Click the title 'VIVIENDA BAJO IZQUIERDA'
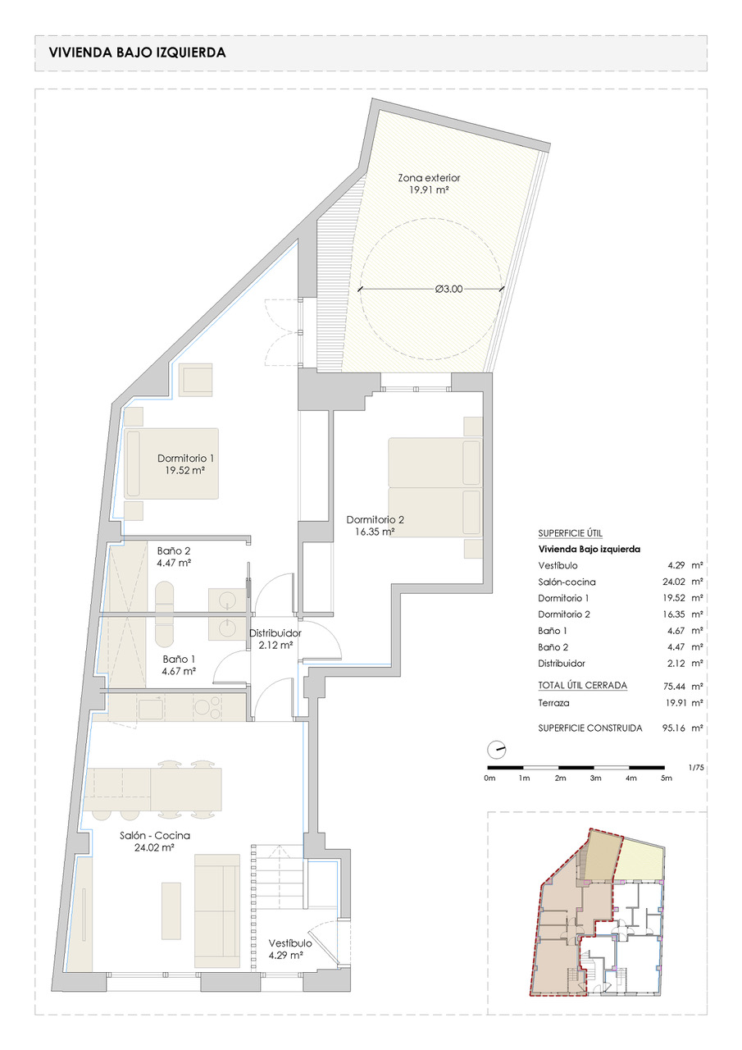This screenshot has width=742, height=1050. point(137,52)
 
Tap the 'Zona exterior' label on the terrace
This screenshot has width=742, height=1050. point(429,178)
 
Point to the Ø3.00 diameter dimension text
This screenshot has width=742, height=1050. point(448,290)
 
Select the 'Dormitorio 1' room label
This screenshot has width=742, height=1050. point(185,458)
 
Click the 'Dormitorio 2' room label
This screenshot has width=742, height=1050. point(375,519)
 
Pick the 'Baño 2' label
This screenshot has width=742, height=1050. point(173,550)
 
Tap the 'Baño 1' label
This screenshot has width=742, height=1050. point(179,659)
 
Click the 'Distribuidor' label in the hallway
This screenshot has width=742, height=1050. point(275,632)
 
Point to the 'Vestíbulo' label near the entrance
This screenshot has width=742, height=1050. point(290,943)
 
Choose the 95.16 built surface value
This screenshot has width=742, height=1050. point(674,728)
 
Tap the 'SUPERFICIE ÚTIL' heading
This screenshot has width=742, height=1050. point(570,533)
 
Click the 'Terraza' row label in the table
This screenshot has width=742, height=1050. point(553,703)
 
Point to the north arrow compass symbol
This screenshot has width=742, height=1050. point(497,750)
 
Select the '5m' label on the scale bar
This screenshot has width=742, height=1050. point(666,778)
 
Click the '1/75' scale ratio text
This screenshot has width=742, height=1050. point(696,768)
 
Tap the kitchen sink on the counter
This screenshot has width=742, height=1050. point(150,708)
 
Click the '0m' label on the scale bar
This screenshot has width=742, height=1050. point(489,778)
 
